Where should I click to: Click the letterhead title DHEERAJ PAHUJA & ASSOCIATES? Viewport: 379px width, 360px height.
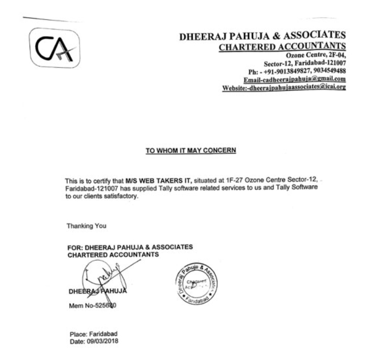click(x=262, y=36)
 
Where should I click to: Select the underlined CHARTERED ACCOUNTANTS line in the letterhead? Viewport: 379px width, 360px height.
click(x=282, y=46)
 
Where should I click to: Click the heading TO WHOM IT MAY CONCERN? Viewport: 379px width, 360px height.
click(x=191, y=151)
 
